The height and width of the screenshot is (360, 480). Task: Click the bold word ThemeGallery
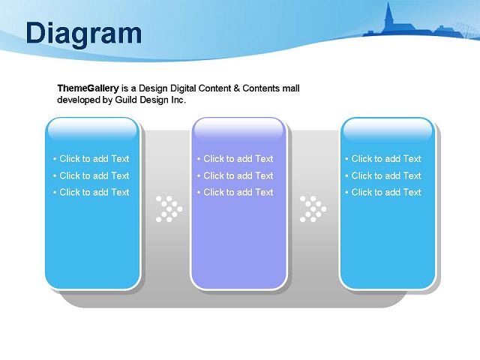click(88, 88)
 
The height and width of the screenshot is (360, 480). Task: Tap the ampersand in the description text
click(236, 88)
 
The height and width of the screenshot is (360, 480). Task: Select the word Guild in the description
click(126, 100)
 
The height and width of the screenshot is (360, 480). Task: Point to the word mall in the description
click(291, 88)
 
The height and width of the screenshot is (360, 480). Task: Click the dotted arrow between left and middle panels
click(169, 209)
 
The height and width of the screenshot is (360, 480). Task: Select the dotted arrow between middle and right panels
click(313, 209)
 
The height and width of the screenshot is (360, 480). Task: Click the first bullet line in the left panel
click(91, 158)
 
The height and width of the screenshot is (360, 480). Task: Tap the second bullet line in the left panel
click(91, 175)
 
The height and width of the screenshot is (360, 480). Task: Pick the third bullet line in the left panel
click(91, 192)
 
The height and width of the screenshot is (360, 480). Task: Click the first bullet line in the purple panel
click(235, 158)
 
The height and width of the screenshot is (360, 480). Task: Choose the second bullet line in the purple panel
click(235, 175)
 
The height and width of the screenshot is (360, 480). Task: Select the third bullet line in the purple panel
click(235, 192)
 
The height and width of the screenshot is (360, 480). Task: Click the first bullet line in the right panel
click(383, 158)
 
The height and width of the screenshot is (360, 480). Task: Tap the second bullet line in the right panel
click(383, 175)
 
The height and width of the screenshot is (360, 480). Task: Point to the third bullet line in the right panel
click(383, 192)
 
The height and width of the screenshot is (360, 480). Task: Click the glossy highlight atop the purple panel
click(238, 128)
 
